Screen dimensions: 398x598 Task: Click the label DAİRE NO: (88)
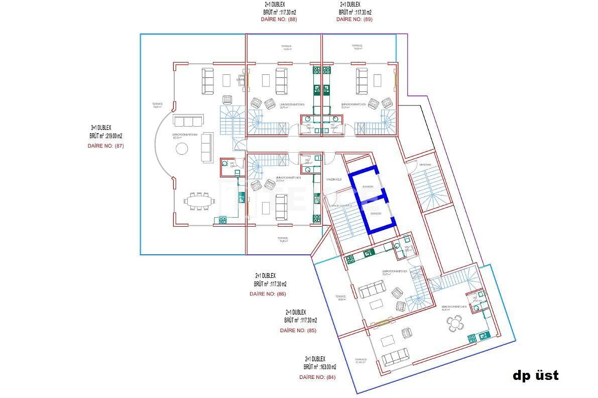pos(278,20)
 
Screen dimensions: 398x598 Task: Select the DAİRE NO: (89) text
pos(354,20)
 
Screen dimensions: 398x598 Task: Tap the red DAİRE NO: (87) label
pos(105,146)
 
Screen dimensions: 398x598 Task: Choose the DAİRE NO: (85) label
pos(298,330)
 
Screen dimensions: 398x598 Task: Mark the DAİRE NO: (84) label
pos(317,377)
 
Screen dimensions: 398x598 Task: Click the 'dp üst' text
pos(535,375)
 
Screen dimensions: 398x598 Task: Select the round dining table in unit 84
pos(456,324)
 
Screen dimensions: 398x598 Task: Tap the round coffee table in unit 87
pos(181,150)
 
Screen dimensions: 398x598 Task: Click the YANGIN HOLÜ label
pos(334,179)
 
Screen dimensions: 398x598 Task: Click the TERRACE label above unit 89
pos(357,47)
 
